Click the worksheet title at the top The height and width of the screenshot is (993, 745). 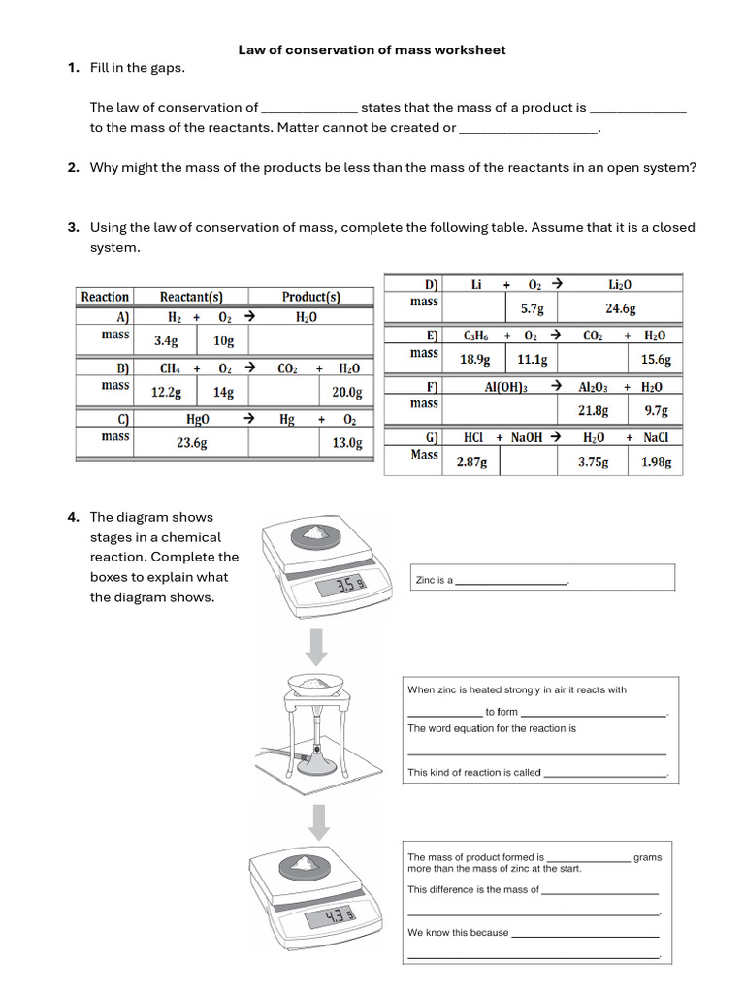[372, 49]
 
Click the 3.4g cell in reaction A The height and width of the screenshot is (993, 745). [166, 341]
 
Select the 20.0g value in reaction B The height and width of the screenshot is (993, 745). [346, 393]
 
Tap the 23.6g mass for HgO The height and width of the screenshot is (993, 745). [191, 443]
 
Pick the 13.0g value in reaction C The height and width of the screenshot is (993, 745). [346, 443]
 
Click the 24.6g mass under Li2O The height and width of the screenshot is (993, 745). [620, 308]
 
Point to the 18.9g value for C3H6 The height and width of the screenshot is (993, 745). [474, 360]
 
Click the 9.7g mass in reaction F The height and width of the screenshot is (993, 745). [656, 411]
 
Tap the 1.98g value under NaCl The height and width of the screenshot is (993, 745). [656, 463]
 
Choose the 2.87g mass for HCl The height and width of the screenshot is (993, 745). [471, 463]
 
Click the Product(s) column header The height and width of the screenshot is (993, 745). [310, 297]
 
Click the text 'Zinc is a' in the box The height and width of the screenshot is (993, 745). [434, 580]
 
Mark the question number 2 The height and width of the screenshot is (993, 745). [73, 167]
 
